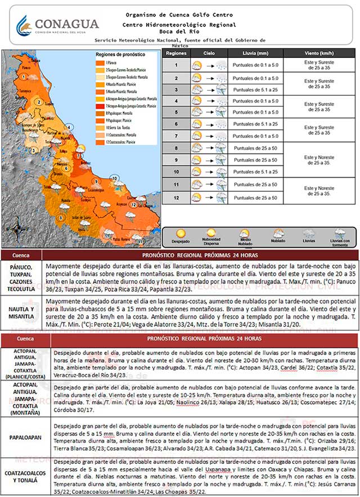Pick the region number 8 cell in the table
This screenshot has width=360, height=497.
[176, 149]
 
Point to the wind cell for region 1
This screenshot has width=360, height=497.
[318, 65]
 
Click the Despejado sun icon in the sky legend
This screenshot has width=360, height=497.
[181, 234]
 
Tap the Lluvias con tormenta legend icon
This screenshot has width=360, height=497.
[340, 234]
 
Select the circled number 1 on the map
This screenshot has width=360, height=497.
[24, 75]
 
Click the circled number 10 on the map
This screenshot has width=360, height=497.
[115, 178]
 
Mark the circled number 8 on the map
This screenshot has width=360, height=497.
[60, 217]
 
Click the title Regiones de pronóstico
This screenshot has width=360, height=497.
[120, 54]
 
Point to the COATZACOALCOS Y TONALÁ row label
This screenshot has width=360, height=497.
[25, 476]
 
